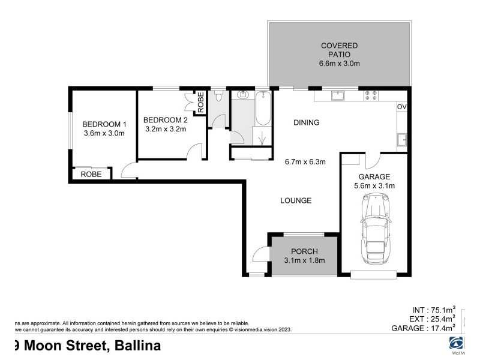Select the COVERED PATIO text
coord(339,46)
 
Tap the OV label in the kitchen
coord(402,107)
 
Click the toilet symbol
coord(220,96)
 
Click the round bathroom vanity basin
coord(244,95)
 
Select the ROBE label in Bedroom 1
coord(92,174)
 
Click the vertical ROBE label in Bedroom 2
coord(201,101)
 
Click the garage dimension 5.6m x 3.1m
coord(374,186)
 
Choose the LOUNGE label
coord(296,200)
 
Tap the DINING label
coord(306,122)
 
